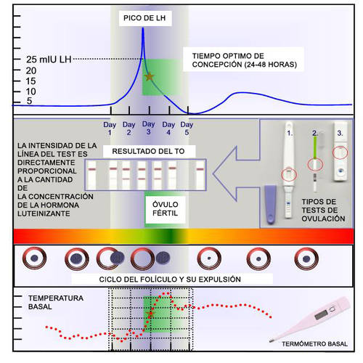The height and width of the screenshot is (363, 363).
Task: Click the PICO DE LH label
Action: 144,18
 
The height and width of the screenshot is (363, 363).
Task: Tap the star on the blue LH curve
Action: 150,77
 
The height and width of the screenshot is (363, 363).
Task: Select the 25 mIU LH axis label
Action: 49,60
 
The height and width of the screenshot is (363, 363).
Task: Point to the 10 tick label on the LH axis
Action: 31,91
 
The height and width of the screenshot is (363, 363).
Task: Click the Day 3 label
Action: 148,128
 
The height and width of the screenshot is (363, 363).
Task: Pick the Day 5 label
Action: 187,129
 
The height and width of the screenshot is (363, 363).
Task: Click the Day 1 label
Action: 110,129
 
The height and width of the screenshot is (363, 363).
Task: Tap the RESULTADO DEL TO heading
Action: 148,151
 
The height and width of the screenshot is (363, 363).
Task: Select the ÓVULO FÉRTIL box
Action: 166,209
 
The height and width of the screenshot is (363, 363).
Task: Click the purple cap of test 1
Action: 271,205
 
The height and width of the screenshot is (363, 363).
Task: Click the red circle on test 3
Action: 340,152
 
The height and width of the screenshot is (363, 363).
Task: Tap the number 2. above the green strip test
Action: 314,133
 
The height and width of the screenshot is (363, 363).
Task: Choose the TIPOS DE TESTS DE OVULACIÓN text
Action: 323,210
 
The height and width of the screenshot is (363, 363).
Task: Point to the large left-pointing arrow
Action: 236,174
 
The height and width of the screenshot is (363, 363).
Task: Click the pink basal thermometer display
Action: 322,314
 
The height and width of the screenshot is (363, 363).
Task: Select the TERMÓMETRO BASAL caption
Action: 314,343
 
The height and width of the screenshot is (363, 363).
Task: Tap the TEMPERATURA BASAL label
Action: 56,302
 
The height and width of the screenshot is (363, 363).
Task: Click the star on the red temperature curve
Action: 150,313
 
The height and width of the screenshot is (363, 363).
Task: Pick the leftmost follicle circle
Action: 34,258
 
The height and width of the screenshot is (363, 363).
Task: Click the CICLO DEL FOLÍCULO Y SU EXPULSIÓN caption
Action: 170,280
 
